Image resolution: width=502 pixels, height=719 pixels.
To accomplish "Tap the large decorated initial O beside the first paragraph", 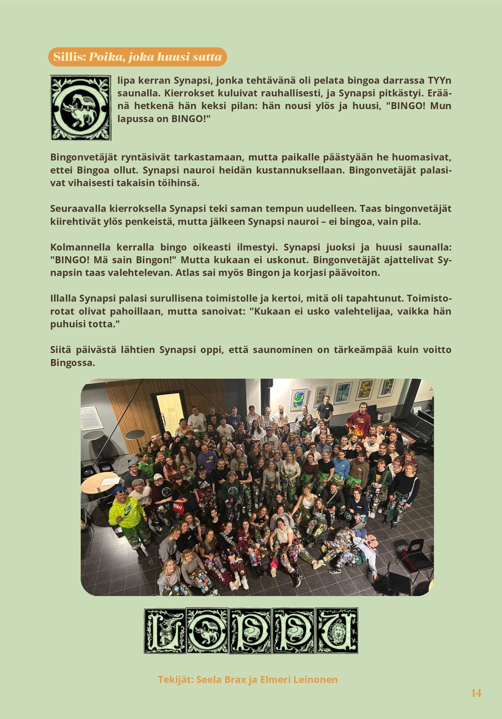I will tap(81, 108).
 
